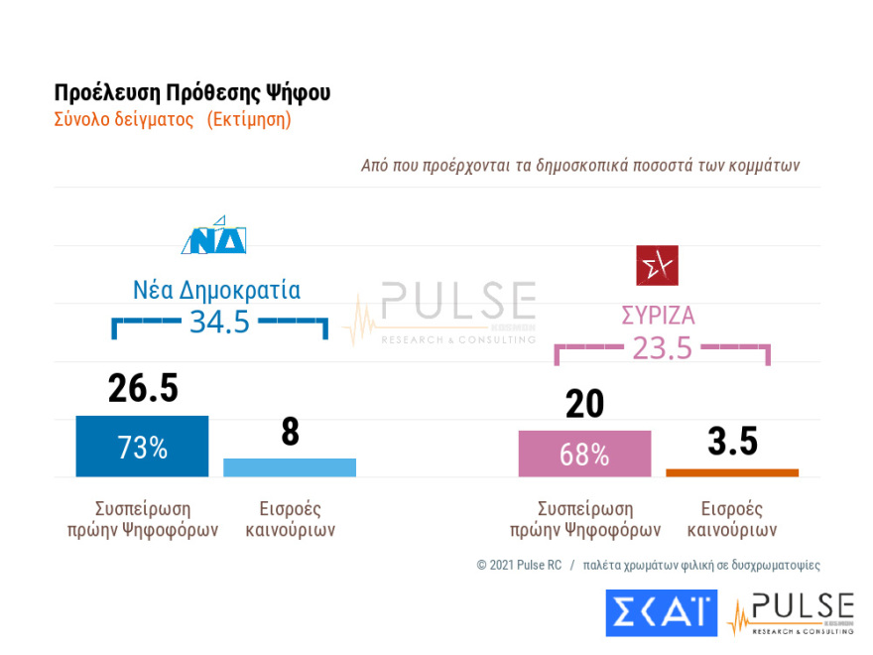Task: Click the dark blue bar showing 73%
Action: tap(142, 447)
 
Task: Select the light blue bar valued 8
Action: tap(290, 467)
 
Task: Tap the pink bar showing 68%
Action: tap(584, 454)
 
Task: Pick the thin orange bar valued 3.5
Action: tap(732, 472)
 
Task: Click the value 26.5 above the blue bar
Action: tap(143, 389)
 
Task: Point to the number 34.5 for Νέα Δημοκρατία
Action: tap(219, 322)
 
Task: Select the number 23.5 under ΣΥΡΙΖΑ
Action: tap(662, 348)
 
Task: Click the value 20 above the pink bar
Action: tap(584, 405)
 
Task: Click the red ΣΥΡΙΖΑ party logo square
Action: tap(657, 265)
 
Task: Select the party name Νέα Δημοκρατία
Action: tap(216, 290)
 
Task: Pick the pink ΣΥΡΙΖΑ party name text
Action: tap(658, 317)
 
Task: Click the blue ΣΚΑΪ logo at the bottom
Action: tap(661, 612)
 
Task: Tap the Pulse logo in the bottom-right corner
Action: tap(791, 613)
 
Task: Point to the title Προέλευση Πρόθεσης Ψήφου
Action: tap(192, 93)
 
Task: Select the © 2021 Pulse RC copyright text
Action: tap(519, 565)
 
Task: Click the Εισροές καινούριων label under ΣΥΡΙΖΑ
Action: tap(732, 519)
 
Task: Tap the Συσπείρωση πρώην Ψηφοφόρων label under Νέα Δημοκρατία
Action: tap(142, 519)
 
